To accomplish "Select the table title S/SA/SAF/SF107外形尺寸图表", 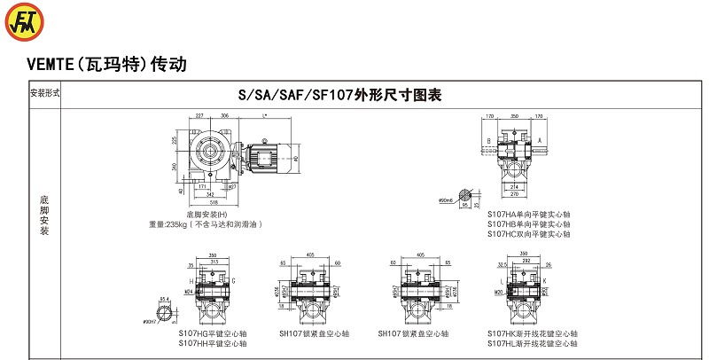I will point(339,95).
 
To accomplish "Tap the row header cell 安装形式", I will point(45,93).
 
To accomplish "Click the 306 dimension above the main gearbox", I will point(225,115).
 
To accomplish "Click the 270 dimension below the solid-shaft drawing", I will point(514,195).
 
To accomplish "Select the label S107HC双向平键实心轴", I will point(528,234).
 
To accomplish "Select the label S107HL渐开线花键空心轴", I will point(532,342).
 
